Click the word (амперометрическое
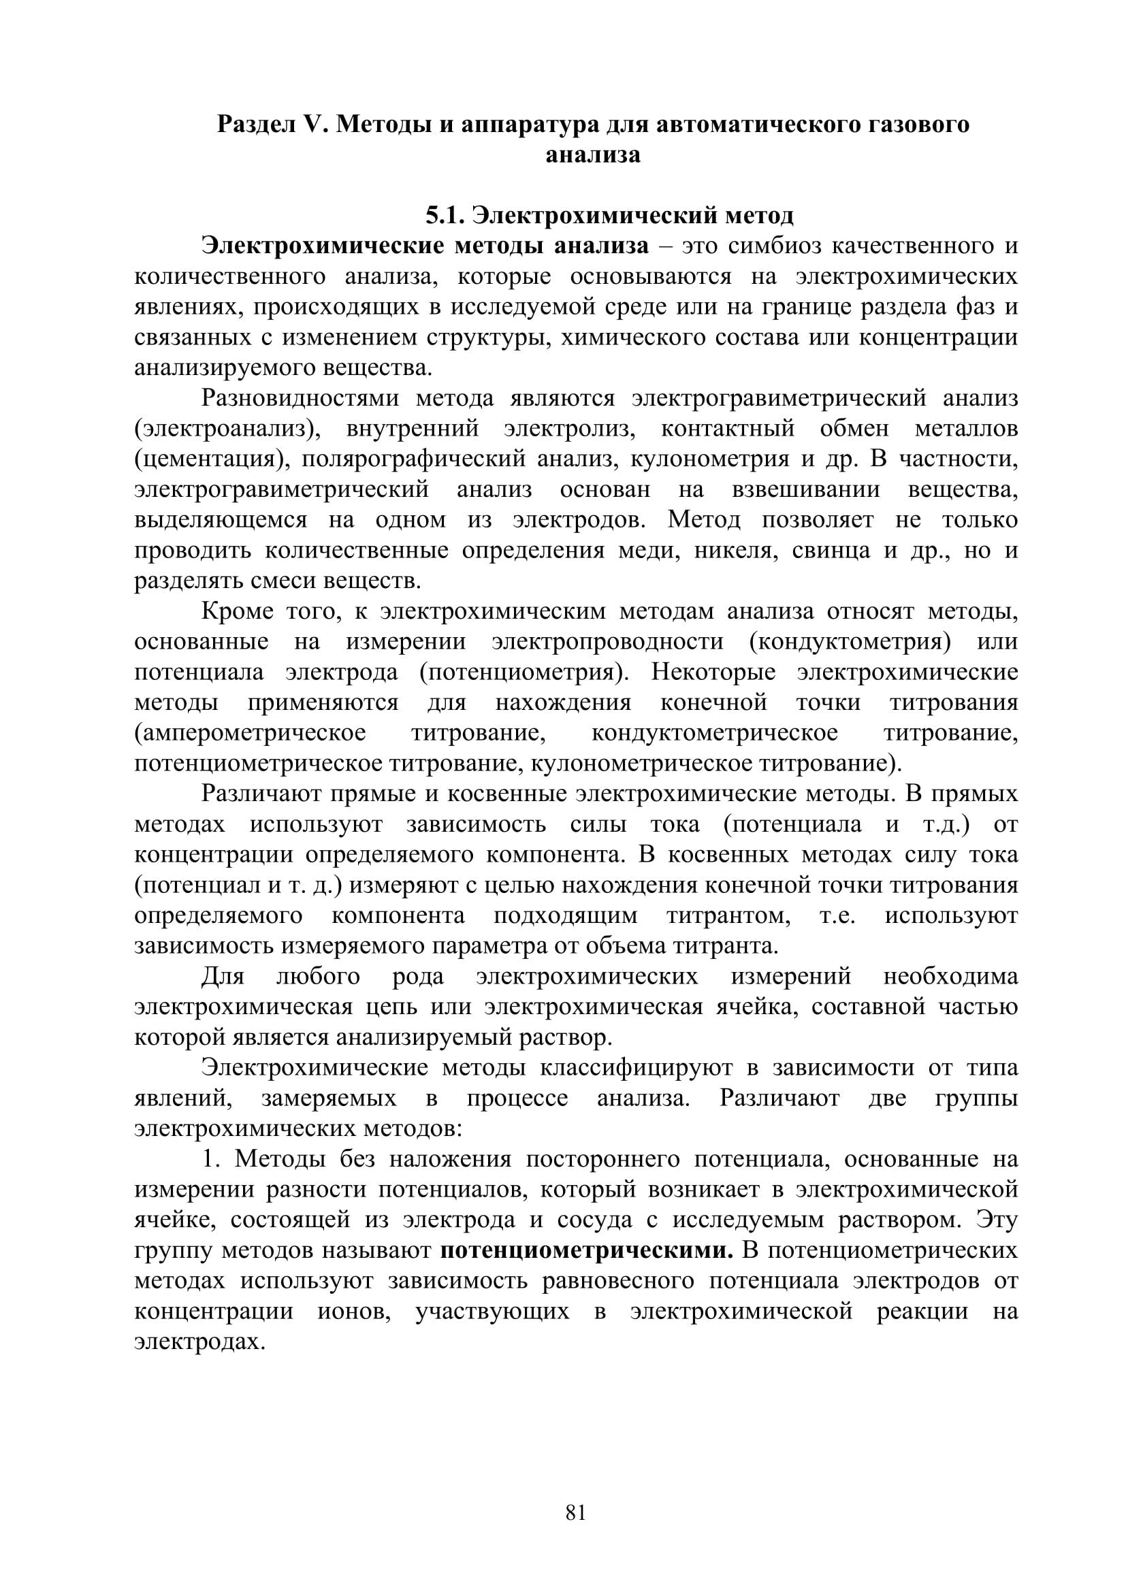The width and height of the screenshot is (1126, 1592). pyautogui.click(x=251, y=733)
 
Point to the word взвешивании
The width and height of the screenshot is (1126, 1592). pyautogui.click(x=806, y=489)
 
